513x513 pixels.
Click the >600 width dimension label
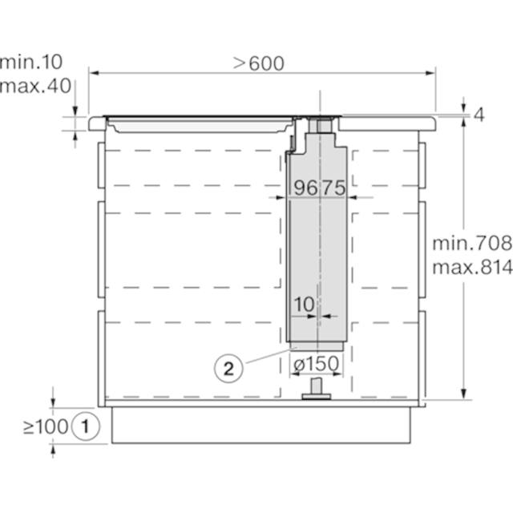pos(258,63)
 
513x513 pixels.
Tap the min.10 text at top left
pos(30,62)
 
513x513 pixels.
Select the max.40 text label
pos(35,86)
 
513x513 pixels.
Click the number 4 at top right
pos(479,115)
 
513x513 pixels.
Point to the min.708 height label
pos(472,244)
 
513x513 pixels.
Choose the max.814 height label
pos(472,268)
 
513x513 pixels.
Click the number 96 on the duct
pos(305,188)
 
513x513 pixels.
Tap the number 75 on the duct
pos(333,188)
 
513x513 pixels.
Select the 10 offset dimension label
pos(305,305)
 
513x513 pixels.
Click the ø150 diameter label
pos(316,363)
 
